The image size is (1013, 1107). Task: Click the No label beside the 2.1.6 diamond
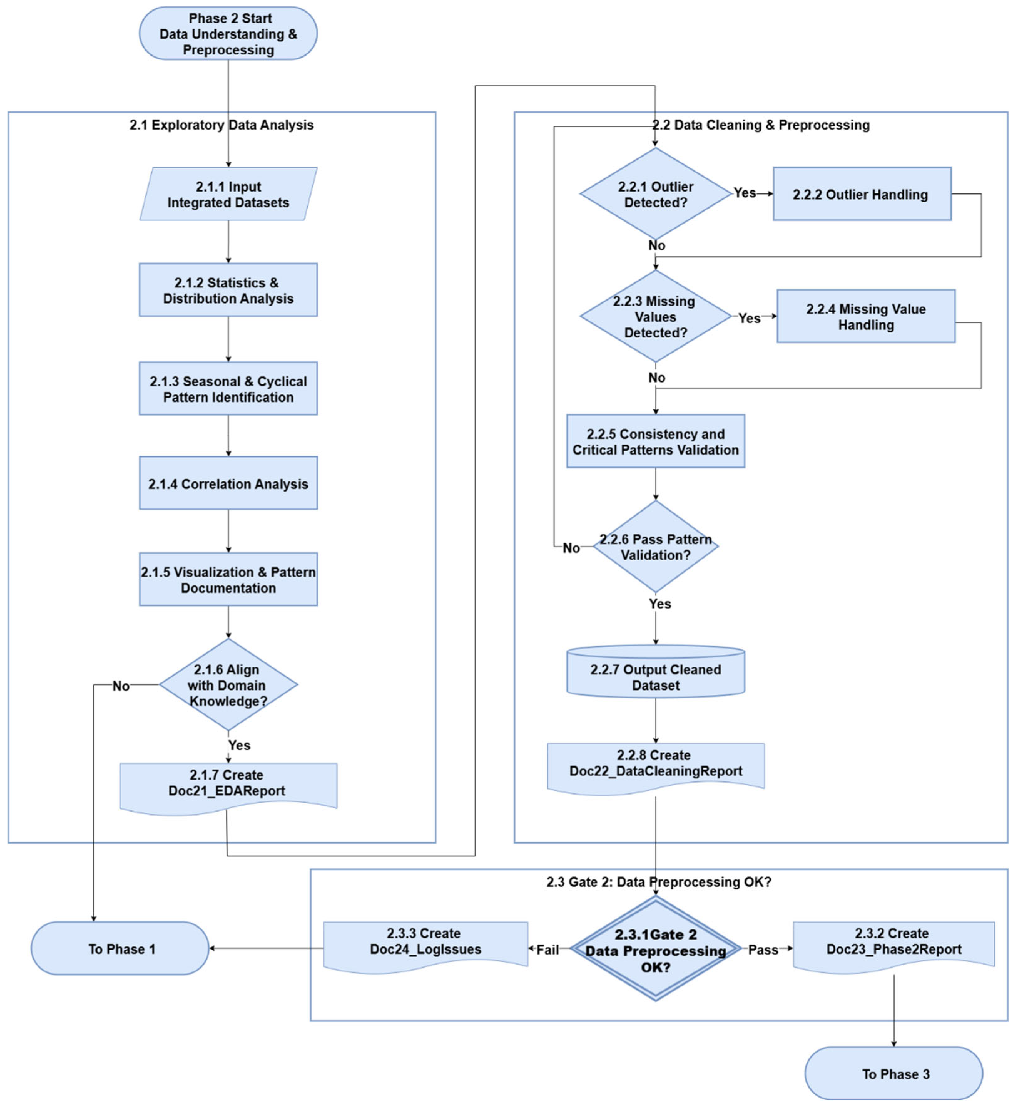coord(121,686)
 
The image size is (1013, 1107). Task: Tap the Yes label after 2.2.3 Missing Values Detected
coord(749,318)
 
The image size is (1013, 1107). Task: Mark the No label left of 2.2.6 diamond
coord(571,548)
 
